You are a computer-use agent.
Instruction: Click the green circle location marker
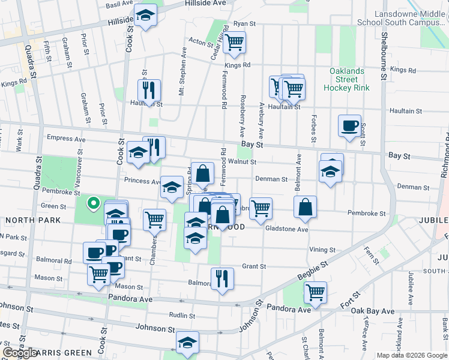93,204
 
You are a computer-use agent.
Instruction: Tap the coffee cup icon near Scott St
349,126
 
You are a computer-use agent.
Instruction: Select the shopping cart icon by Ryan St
234,42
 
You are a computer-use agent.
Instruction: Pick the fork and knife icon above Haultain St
148,90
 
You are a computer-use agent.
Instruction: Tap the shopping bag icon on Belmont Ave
305,207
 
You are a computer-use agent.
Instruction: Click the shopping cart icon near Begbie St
315,292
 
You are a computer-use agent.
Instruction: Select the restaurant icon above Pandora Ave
222,278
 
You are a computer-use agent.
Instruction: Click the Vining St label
322,250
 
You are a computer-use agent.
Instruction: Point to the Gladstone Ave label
286,229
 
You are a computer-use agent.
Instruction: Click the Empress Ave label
67,138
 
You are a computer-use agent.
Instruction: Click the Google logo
19,353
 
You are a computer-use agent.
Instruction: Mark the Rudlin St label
181,314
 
